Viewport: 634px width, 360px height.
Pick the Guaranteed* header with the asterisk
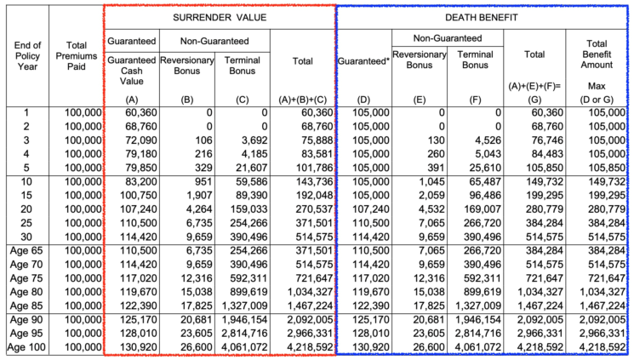tap(363, 61)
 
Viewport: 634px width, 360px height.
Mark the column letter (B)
tap(187, 99)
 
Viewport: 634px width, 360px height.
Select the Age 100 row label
tap(25, 347)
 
